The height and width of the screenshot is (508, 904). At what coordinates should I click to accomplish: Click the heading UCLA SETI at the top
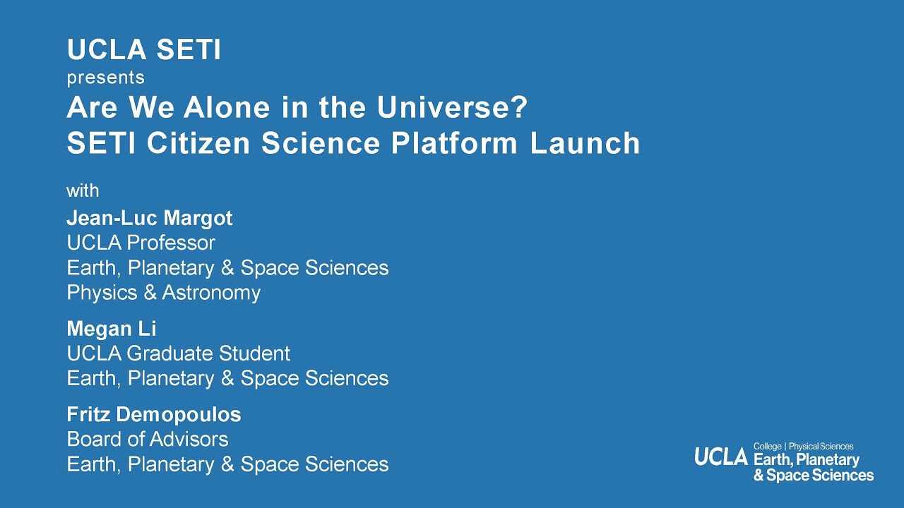pos(144,50)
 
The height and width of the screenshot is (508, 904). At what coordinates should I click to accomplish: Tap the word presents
pos(105,78)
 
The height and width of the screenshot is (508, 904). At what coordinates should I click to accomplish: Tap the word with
pos(83,190)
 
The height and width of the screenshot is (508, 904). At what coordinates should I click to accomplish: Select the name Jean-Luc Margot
pos(149,218)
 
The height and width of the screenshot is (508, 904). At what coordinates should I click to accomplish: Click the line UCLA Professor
pos(141,243)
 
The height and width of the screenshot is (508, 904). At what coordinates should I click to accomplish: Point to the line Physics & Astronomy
pos(163,292)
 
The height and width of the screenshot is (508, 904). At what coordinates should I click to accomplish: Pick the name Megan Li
pos(112,329)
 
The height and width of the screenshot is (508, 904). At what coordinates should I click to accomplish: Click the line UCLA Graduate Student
pos(178,353)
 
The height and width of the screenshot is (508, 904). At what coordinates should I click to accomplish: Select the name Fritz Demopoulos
pos(153,414)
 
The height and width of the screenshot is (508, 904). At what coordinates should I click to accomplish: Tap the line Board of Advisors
pos(147,439)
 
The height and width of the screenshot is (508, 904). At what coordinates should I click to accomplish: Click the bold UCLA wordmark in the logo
pos(720,457)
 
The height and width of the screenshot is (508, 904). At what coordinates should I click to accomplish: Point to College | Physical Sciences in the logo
pos(803,446)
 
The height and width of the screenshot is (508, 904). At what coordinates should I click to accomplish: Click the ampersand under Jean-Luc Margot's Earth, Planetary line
pos(228,268)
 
